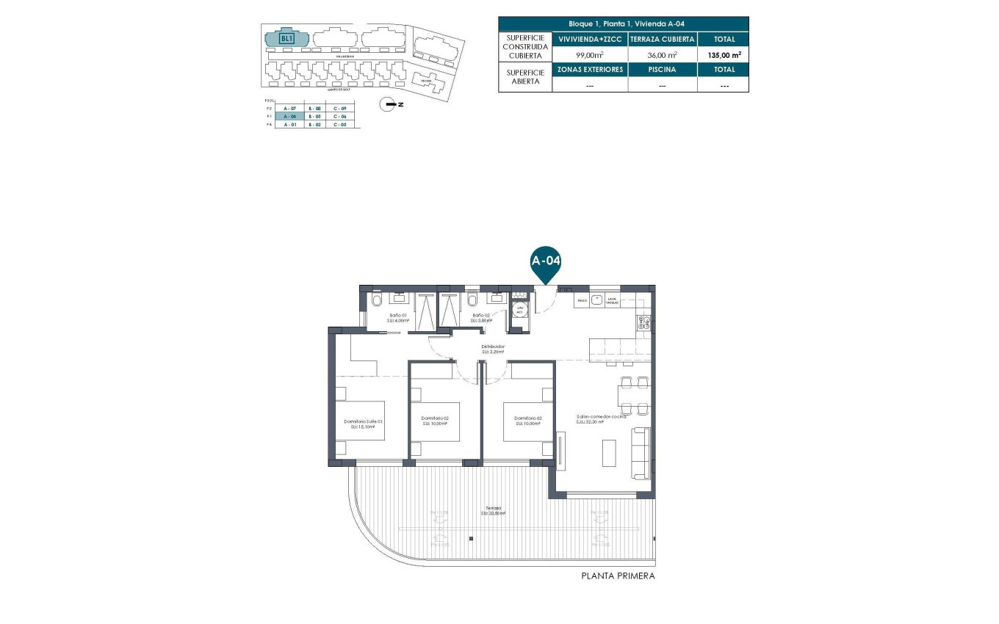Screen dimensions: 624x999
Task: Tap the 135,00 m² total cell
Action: [x=724, y=54]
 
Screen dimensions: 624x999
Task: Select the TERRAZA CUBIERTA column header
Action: [x=663, y=39]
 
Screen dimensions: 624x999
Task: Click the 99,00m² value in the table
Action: [x=589, y=54]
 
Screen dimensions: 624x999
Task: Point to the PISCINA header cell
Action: [x=663, y=70]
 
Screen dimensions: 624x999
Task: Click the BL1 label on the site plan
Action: [x=287, y=39]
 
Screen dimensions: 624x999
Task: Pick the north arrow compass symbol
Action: [x=387, y=104]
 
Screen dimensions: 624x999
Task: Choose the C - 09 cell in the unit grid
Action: [x=339, y=108]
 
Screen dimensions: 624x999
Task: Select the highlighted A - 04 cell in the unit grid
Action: [x=289, y=117]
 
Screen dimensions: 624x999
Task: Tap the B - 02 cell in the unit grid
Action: [x=314, y=125]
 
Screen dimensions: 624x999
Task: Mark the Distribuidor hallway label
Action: [x=492, y=349]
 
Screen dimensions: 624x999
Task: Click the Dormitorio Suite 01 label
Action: [x=364, y=424]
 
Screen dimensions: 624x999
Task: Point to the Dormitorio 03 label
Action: [x=527, y=421]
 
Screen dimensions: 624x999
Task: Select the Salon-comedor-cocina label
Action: [x=601, y=418]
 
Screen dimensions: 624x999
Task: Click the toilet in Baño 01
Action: [x=377, y=300]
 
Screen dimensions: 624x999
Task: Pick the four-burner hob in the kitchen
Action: [x=644, y=322]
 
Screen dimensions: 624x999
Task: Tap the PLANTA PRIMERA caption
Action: [x=617, y=576]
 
